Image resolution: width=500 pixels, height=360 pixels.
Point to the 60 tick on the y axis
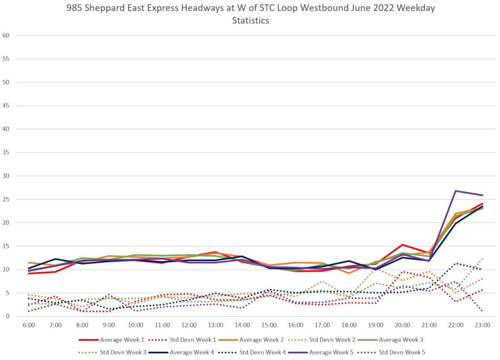tap(7, 36)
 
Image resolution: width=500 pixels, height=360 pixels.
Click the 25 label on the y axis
tap(7, 200)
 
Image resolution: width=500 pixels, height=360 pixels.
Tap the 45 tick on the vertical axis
tap(7, 106)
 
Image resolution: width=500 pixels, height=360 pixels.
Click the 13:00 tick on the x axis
tap(216, 324)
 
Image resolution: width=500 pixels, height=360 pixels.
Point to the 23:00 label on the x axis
tap(483, 324)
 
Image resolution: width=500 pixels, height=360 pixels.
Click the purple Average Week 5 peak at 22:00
tap(456, 191)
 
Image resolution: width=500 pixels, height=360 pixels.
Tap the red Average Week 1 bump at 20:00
tap(402, 244)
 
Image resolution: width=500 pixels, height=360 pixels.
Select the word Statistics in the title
tap(250, 21)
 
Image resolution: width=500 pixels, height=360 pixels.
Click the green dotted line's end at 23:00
tap(482, 259)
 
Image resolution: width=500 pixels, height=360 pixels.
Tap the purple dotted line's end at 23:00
tap(482, 311)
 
